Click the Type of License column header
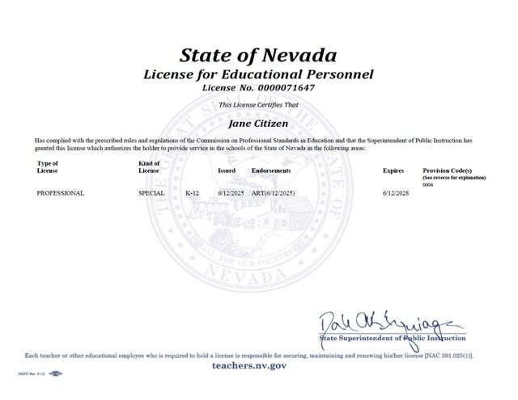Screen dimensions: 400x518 pos(48,167)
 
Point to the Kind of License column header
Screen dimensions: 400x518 pos(150,167)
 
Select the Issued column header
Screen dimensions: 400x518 pos(227,171)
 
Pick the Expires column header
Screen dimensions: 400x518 pos(393,171)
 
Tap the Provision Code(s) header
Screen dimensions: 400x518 pos(448,171)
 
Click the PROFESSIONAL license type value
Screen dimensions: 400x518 pos(61,194)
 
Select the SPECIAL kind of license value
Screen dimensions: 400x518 pos(151,194)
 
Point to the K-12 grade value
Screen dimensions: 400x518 pos(193,194)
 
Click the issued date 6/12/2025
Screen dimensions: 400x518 pos(231,194)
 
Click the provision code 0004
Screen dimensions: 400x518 pos(428,185)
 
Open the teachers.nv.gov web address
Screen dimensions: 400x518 pos(260,365)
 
